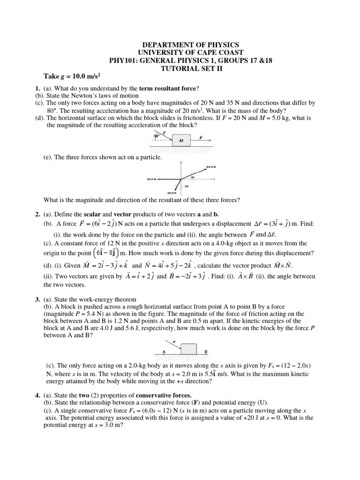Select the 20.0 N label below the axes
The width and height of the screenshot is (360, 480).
click(172, 193)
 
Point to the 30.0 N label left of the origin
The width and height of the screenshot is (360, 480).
click(151, 179)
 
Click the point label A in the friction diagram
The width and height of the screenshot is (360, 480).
click(164, 351)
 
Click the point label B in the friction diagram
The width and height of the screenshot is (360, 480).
click(206, 351)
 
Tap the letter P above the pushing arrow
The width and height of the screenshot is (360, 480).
click(174, 342)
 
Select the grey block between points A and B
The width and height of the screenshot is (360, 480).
click(188, 349)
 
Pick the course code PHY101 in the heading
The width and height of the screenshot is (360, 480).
click(121, 60)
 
